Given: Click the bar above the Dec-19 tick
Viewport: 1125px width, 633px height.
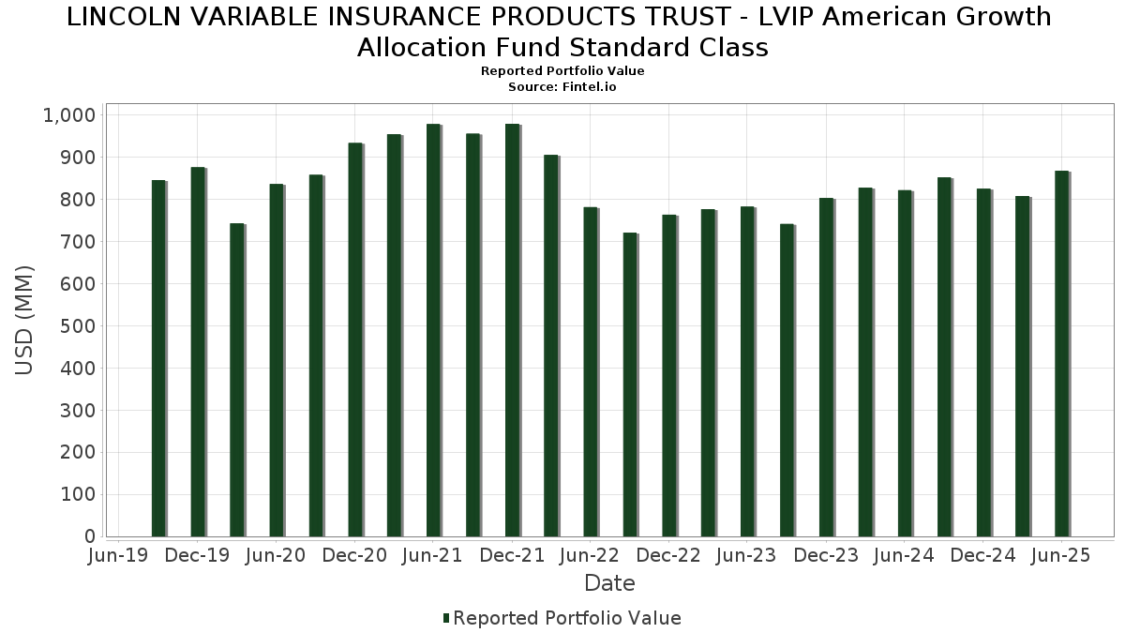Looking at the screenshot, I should (x=198, y=352).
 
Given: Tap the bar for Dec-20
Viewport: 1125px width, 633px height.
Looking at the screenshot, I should (x=355, y=339).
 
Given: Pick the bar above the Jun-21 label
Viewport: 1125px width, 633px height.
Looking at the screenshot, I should (x=433, y=330).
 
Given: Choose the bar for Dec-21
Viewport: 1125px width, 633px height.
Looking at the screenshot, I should (x=512, y=330).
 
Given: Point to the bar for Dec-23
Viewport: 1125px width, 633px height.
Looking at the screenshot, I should (x=826, y=367).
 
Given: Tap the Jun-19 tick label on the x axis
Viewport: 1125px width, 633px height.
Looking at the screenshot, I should (x=118, y=556).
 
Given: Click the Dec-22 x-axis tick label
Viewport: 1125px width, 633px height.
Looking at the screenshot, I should (x=668, y=556).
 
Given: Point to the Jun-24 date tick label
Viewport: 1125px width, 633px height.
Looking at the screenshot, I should (x=904, y=556).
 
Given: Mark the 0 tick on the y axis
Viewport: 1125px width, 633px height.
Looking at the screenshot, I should (x=90, y=536).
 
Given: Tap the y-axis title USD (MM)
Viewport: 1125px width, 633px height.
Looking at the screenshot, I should (x=25, y=320).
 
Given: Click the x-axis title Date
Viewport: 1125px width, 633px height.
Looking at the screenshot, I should (x=609, y=583).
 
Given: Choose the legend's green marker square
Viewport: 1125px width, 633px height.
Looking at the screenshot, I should (x=446, y=618).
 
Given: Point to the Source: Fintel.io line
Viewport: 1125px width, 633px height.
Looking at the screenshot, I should (x=562, y=86).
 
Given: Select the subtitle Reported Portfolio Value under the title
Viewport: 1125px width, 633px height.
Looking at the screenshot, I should (x=562, y=71).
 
